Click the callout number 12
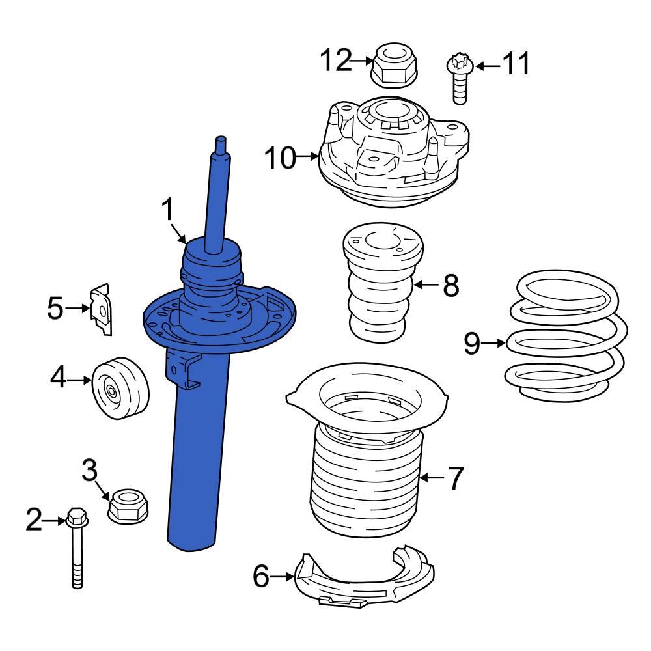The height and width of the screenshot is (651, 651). (x=335, y=62)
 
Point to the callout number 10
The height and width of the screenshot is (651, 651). (x=280, y=158)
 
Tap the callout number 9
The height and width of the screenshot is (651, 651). (x=472, y=343)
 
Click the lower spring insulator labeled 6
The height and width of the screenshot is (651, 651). (x=365, y=579)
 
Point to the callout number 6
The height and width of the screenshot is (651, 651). (x=260, y=576)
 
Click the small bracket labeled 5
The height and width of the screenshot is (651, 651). (x=101, y=309)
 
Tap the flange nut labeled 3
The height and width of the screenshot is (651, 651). (x=128, y=505)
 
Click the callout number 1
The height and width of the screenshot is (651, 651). (x=168, y=210)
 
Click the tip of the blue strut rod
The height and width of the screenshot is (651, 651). (x=221, y=140)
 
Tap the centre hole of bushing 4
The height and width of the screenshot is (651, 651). (x=111, y=393)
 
